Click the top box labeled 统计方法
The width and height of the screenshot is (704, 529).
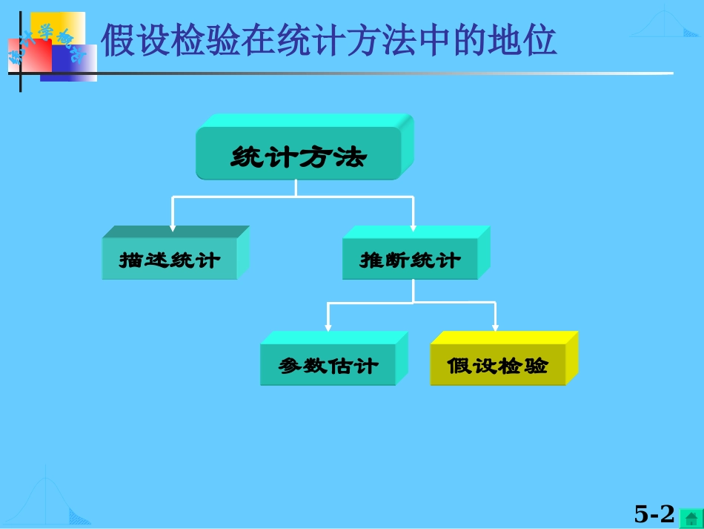pyautogui.click(x=298, y=157)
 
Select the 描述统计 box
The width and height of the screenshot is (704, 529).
pyautogui.click(x=170, y=260)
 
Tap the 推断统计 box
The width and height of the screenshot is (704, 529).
pyautogui.click(x=410, y=260)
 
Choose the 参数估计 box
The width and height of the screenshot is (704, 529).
pyautogui.click(x=328, y=366)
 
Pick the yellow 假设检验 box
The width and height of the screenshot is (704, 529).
pyautogui.click(x=498, y=366)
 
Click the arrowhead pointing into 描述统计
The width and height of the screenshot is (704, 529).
pyautogui.click(x=173, y=227)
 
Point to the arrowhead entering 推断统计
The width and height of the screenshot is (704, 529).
pyautogui.click(x=413, y=227)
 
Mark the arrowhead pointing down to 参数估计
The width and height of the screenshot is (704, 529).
pyautogui.click(x=328, y=327)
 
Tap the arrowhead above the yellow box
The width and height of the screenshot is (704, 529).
pyautogui.click(x=496, y=327)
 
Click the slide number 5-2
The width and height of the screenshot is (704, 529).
pyautogui.click(x=654, y=513)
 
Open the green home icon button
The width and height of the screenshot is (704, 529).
pyautogui.click(x=691, y=517)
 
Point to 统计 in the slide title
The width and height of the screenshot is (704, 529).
pyautogui.click(x=296, y=41)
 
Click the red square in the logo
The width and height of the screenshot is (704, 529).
pyautogui.click(x=30, y=56)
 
